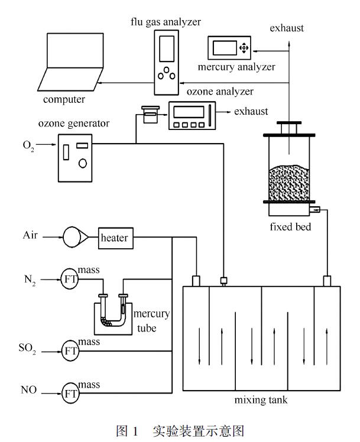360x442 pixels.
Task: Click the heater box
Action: [x=116, y=238]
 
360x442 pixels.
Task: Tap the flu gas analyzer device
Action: [x=168, y=62]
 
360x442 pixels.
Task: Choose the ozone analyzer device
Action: [x=192, y=115]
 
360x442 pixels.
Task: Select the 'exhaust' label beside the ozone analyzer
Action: [x=251, y=110]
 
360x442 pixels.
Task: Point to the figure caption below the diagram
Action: [x=180, y=430]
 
